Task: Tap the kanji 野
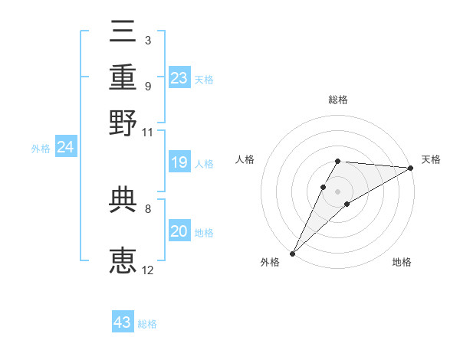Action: pos(123,122)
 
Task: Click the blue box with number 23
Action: pos(179,78)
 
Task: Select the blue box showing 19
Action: pos(179,162)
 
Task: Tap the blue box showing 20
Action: pos(179,231)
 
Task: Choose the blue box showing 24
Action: pos(66,147)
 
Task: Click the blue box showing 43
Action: pos(123,322)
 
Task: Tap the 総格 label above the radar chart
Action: pos(338,100)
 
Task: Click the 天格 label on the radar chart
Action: pos(431,159)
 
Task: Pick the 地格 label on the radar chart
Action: pos(402,263)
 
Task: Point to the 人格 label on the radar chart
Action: pos(245,159)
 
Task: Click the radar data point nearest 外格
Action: pos(292,253)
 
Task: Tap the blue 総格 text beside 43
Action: pos(148,324)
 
